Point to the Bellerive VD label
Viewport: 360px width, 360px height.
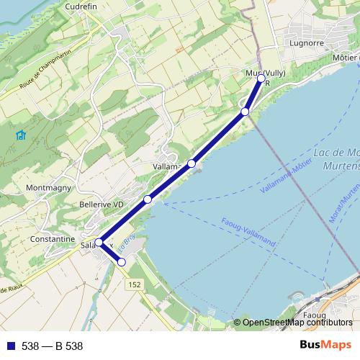[102, 204]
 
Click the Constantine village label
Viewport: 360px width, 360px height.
[52, 239]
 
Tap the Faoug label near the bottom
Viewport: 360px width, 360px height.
[315, 315]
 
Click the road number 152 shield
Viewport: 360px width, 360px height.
[135, 285]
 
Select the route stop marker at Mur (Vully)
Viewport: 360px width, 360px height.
[261, 78]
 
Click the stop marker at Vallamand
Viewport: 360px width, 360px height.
[192, 163]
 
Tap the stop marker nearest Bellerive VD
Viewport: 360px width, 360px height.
[147, 199]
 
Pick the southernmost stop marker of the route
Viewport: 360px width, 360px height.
[122, 263]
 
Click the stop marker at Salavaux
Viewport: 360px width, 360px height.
[99, 243]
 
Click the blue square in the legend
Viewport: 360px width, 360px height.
[9, 346]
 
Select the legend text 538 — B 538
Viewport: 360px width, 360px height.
[52, 346]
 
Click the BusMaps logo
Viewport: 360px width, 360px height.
[325, 346]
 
